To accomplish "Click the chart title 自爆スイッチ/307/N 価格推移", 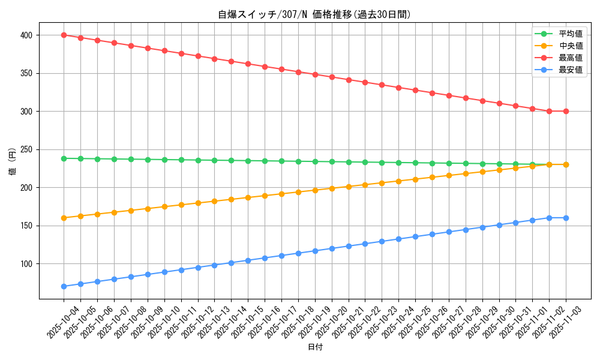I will coord(314,14).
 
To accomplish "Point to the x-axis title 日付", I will coord(315,347).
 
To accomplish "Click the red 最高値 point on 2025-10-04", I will coord(64,35).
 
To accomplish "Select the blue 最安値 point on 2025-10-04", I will coord(64,286).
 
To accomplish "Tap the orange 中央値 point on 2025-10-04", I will coord(64,218).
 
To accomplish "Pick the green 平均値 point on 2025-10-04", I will coord(64,158).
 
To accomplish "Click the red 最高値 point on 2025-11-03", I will coord(566,111).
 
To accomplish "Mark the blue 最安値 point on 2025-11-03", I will coord(566,218).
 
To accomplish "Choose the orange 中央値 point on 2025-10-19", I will coord(315,190).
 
